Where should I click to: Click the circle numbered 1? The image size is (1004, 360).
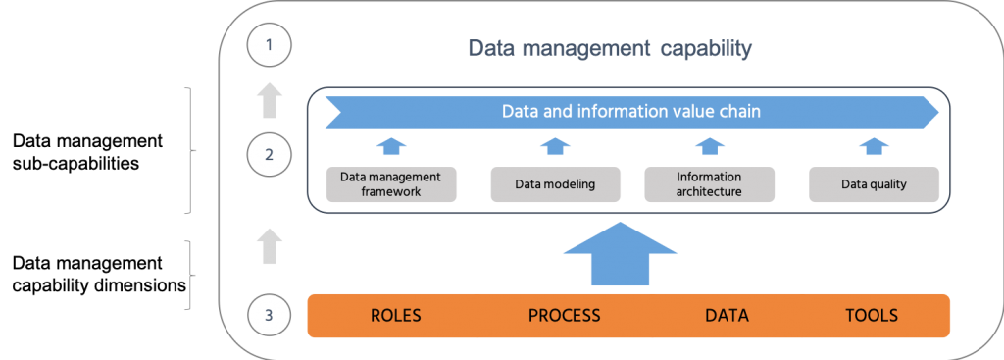pyautogui.click(x=272, y=46)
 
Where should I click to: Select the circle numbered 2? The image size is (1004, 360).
pyautogui.click(x=272, y=154)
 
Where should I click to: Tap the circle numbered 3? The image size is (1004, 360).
pyautogui.click(x=272, y=315)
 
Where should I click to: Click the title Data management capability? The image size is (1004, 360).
pyautogui.click(x=609, y=47)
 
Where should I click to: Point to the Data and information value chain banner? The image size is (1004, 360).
pyautogui.click(x=631, y=112)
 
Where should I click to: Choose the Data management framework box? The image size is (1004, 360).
pyautogui.click(x=390, y=183)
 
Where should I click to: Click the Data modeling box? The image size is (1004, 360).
pyautogui.click(x=555, y=183)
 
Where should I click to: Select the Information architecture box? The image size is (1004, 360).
pyautogui.click(x=709, y=183)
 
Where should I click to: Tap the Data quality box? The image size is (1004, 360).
pyautogui.click(x=874, y=183)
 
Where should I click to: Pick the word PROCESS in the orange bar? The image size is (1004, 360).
pyautogui.click(x=564, y=316)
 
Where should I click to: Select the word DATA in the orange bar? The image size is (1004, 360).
pyautogui.click(x=727, y=316)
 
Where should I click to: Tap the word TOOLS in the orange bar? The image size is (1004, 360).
pyautogui.click(x=872, y=316)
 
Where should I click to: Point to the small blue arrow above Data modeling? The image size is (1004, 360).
pyautogui.click(x=555, y=146)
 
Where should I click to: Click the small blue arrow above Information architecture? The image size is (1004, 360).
pyautogui.click(x=709, y=146)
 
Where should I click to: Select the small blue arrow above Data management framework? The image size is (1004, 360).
pyautogui.click(x=390, y=146)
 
